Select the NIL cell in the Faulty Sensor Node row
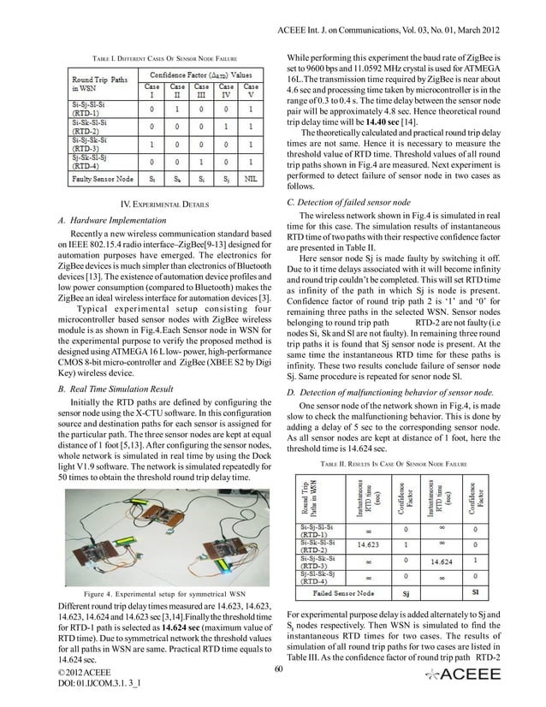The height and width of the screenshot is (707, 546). [252, 181]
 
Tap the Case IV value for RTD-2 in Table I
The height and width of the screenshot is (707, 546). [228, 126]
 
